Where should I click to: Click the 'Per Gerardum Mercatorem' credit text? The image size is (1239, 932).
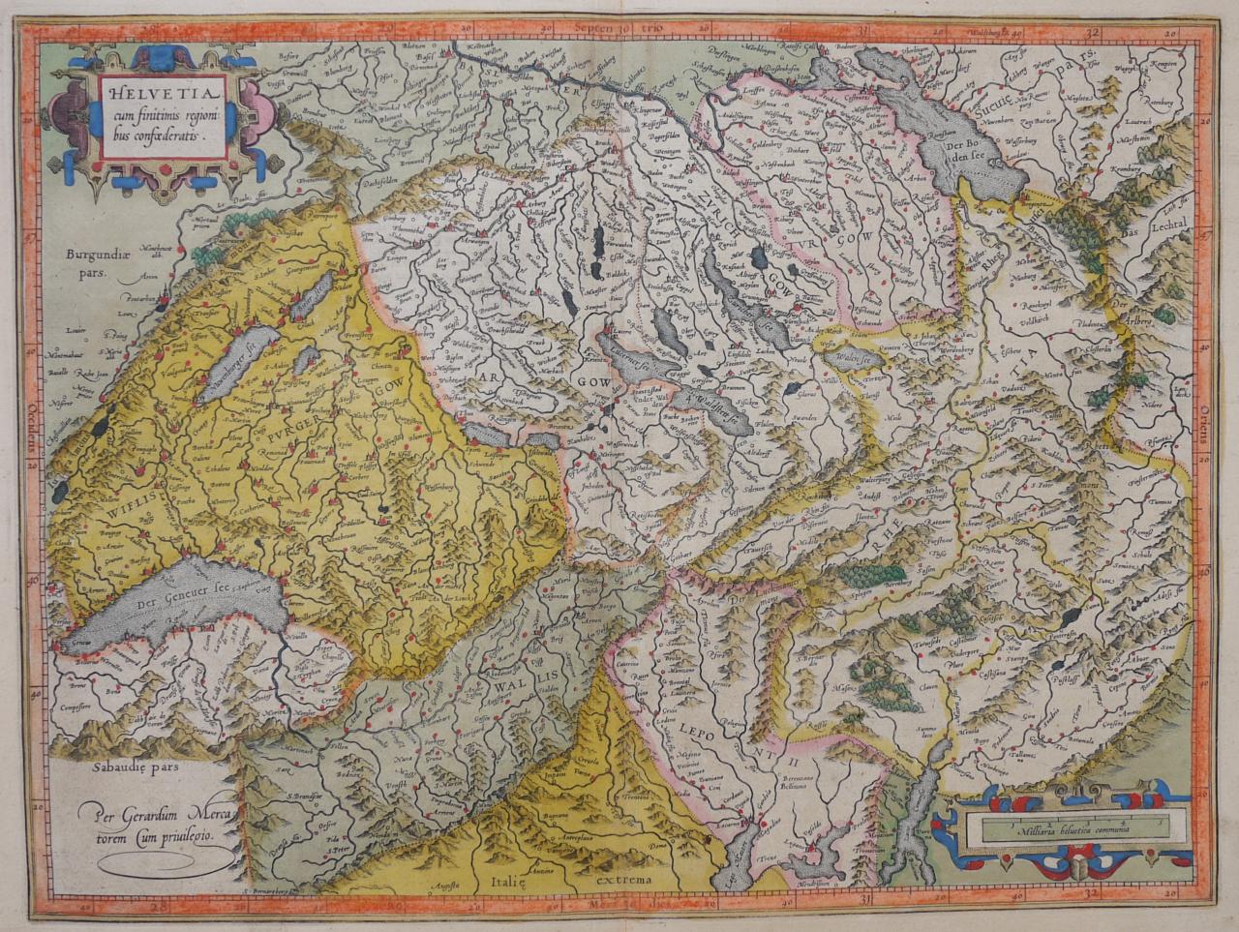pyautogui.click(x=154, y=821)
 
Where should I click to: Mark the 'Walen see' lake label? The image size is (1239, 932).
pyautogui.click(x=853, y=358)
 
